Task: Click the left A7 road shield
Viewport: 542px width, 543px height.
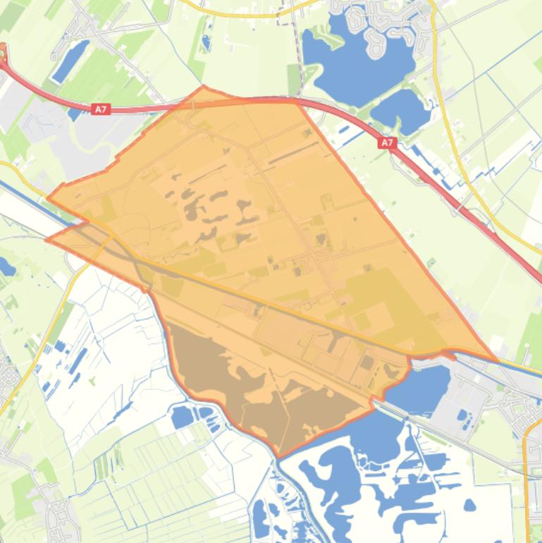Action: click(101, 109)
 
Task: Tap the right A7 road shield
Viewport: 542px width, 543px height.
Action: click(387, 142)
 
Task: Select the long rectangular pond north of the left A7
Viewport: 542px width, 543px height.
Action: click(71, 61)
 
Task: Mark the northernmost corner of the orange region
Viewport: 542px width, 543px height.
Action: click(204, 87)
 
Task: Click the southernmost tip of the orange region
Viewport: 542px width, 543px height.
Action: click(279, 456)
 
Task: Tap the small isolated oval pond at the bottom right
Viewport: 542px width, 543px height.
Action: click(469, 504)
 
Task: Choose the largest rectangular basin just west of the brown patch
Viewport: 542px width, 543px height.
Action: click(181, 417)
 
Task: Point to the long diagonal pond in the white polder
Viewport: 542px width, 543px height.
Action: click(78, 360)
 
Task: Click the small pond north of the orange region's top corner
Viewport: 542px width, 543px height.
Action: click(206, 43)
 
